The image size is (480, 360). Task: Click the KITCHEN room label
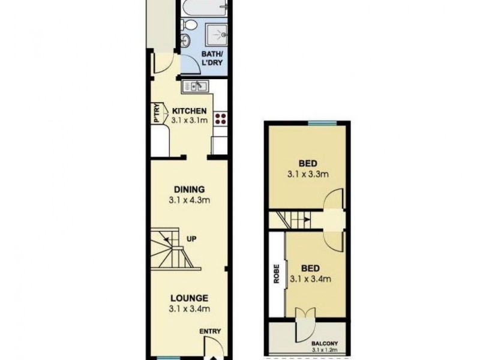[x=190, y=112]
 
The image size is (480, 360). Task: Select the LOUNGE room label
[x=189, y=298]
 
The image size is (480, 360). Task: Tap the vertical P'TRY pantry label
[x=157, y=113]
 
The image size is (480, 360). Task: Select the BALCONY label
[x=323, y=343]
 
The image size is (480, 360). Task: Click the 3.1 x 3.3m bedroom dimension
[x=307, y=175]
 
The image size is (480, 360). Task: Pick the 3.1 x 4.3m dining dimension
[x=190, y=202]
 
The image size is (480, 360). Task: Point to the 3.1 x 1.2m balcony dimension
[x=325, y=350]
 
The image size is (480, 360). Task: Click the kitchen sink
[x=196, y=87]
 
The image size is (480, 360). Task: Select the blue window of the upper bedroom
[x=322, y=123]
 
